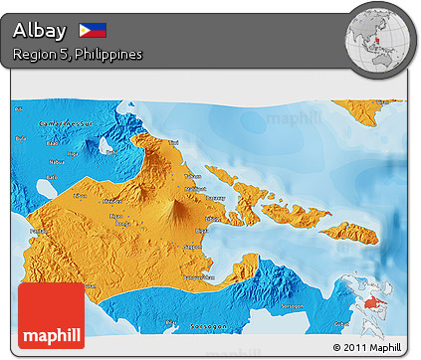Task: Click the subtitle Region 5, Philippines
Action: click(77, 54)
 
